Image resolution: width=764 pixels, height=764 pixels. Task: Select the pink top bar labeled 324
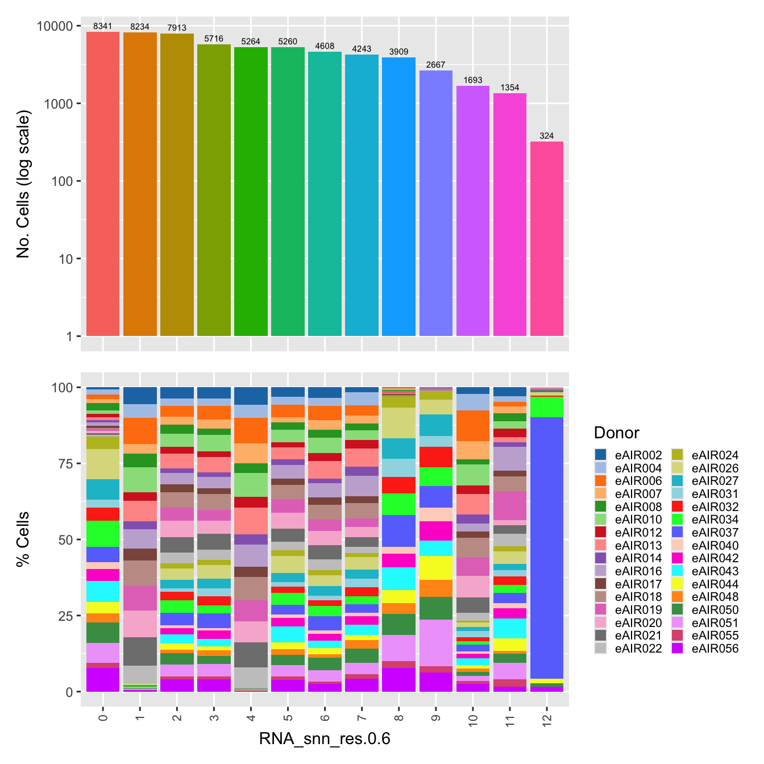pyautogui.click(x=547, y=239)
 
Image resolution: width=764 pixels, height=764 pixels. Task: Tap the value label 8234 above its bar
pyautogui.click(x=140, y=27)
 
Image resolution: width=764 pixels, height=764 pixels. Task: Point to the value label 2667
pyautogui.click(x=435, y=65)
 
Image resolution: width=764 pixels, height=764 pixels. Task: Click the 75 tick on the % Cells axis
pyautogui.click(x=63, y=464)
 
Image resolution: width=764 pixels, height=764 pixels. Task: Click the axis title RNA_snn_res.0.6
pyautogui.click(x=325, y=739)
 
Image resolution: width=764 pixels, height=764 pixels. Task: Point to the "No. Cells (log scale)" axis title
pyautogui.click(x=23, y=184)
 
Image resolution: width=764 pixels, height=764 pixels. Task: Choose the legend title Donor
pyautogui.click(x=616, y=433)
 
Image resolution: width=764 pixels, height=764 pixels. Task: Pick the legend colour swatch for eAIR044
pyautogui.click(x=677, y=584)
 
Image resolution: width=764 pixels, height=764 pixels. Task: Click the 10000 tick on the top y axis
pyautogui.click(x=55, y=27)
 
